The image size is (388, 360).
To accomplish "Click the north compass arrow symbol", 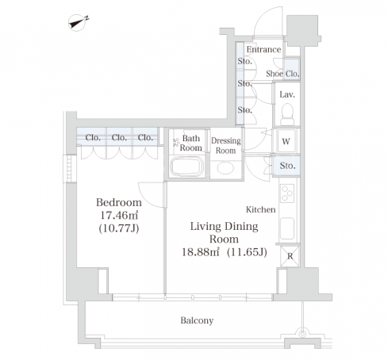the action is coord(77,23).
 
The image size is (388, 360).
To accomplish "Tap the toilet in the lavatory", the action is coord(287,114).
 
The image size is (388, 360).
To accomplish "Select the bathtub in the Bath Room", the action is coord(187,167).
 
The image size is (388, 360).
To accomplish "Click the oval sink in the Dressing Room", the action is coord(225,168).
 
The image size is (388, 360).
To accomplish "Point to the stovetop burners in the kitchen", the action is coord(287,193).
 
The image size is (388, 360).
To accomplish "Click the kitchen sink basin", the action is coord(287,228).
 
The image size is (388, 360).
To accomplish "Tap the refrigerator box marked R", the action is coord(290,256).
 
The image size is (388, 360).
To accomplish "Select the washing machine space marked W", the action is coord(286,141).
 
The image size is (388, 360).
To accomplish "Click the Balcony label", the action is coord(197,320).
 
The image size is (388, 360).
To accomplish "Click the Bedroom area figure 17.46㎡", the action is coord(119,216).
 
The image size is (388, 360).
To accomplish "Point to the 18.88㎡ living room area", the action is coord(201,252).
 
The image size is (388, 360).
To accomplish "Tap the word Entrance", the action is coord(263,49).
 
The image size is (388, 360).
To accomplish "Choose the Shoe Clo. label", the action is coord(282,74).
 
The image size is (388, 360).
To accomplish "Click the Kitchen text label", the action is coord(261,209).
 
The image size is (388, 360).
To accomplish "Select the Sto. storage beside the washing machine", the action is coord(287,166).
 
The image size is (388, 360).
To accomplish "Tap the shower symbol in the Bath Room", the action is coord(176,143).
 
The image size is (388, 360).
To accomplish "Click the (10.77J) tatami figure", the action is coord(119,228).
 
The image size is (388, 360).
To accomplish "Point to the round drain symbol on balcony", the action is coord(302,333).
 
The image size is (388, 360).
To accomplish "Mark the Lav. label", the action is coord(287,94).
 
